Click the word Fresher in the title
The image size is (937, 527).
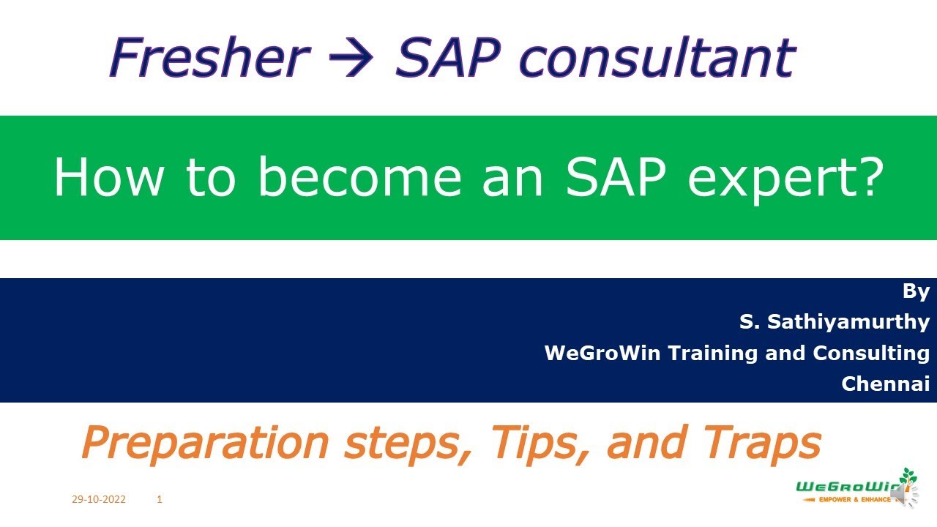pyautogui.click(x=209, y=59)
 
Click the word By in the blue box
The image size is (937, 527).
pyautogui.click(x=916, y=291)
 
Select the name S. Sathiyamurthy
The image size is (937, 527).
pyautogui.click(x=835, y=321)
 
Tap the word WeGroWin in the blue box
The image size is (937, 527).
pyautogui.click(x=602, y=353)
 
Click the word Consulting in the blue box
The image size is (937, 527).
pyautogui.click(x=871, y=353)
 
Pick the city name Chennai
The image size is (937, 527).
pyautogui.click(x=885, y=383)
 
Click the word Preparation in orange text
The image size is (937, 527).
pyautogui.click(x=205, y=442)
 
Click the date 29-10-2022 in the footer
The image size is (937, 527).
pyautogui.click(x=98, y=500)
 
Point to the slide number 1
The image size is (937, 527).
pyautogui.click(x=160, y=500)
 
